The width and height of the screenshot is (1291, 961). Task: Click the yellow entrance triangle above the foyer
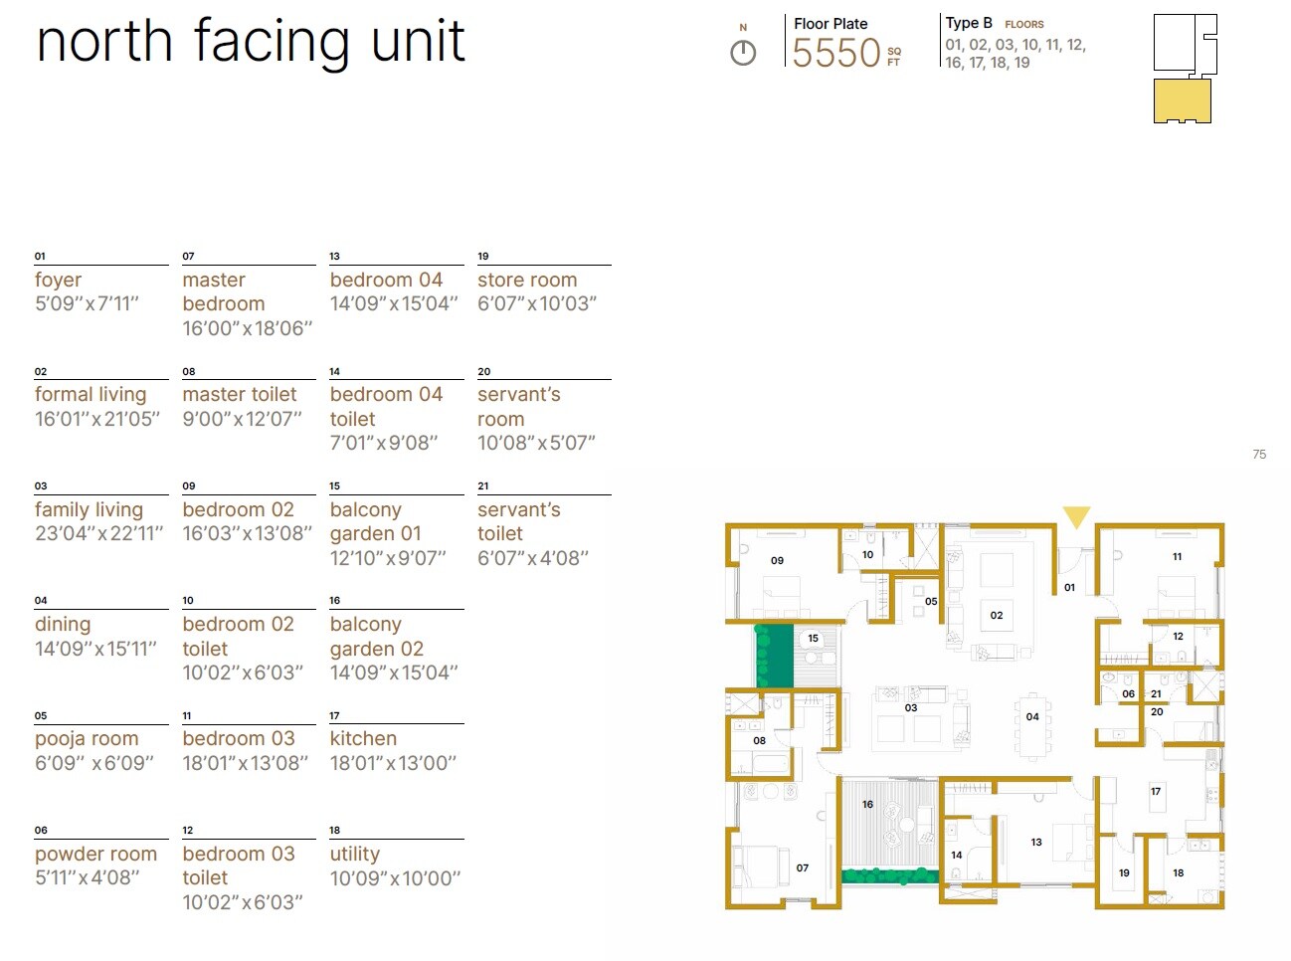point(1076,516)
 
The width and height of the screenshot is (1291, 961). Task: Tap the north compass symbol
point(743,53)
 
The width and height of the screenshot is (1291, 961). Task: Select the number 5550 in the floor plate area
point(835,53)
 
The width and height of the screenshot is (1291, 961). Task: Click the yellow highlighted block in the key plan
point(1182,100)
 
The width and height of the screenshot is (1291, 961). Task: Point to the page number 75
point(1259,455)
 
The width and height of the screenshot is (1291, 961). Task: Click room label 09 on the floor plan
point(777,561)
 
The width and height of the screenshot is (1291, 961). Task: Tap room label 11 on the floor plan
point(1177,557)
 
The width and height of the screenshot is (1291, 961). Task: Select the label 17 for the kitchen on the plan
point(1156,792)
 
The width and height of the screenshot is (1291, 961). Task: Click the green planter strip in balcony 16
point(889,876)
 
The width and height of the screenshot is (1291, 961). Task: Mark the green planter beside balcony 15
point(773,656)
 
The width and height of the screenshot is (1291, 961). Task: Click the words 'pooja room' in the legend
point(87,739)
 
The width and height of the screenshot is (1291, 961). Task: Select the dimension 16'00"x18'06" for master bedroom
point(248,328)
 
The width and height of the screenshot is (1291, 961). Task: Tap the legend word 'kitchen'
point(363,739)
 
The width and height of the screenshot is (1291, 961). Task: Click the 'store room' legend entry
point(527,281)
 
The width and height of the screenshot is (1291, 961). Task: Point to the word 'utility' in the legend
point(355,854)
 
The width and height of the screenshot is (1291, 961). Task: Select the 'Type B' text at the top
point(969,23)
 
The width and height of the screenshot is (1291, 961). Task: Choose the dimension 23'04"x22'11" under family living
point(98,534)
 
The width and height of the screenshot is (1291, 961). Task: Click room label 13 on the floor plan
point(1036,842)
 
